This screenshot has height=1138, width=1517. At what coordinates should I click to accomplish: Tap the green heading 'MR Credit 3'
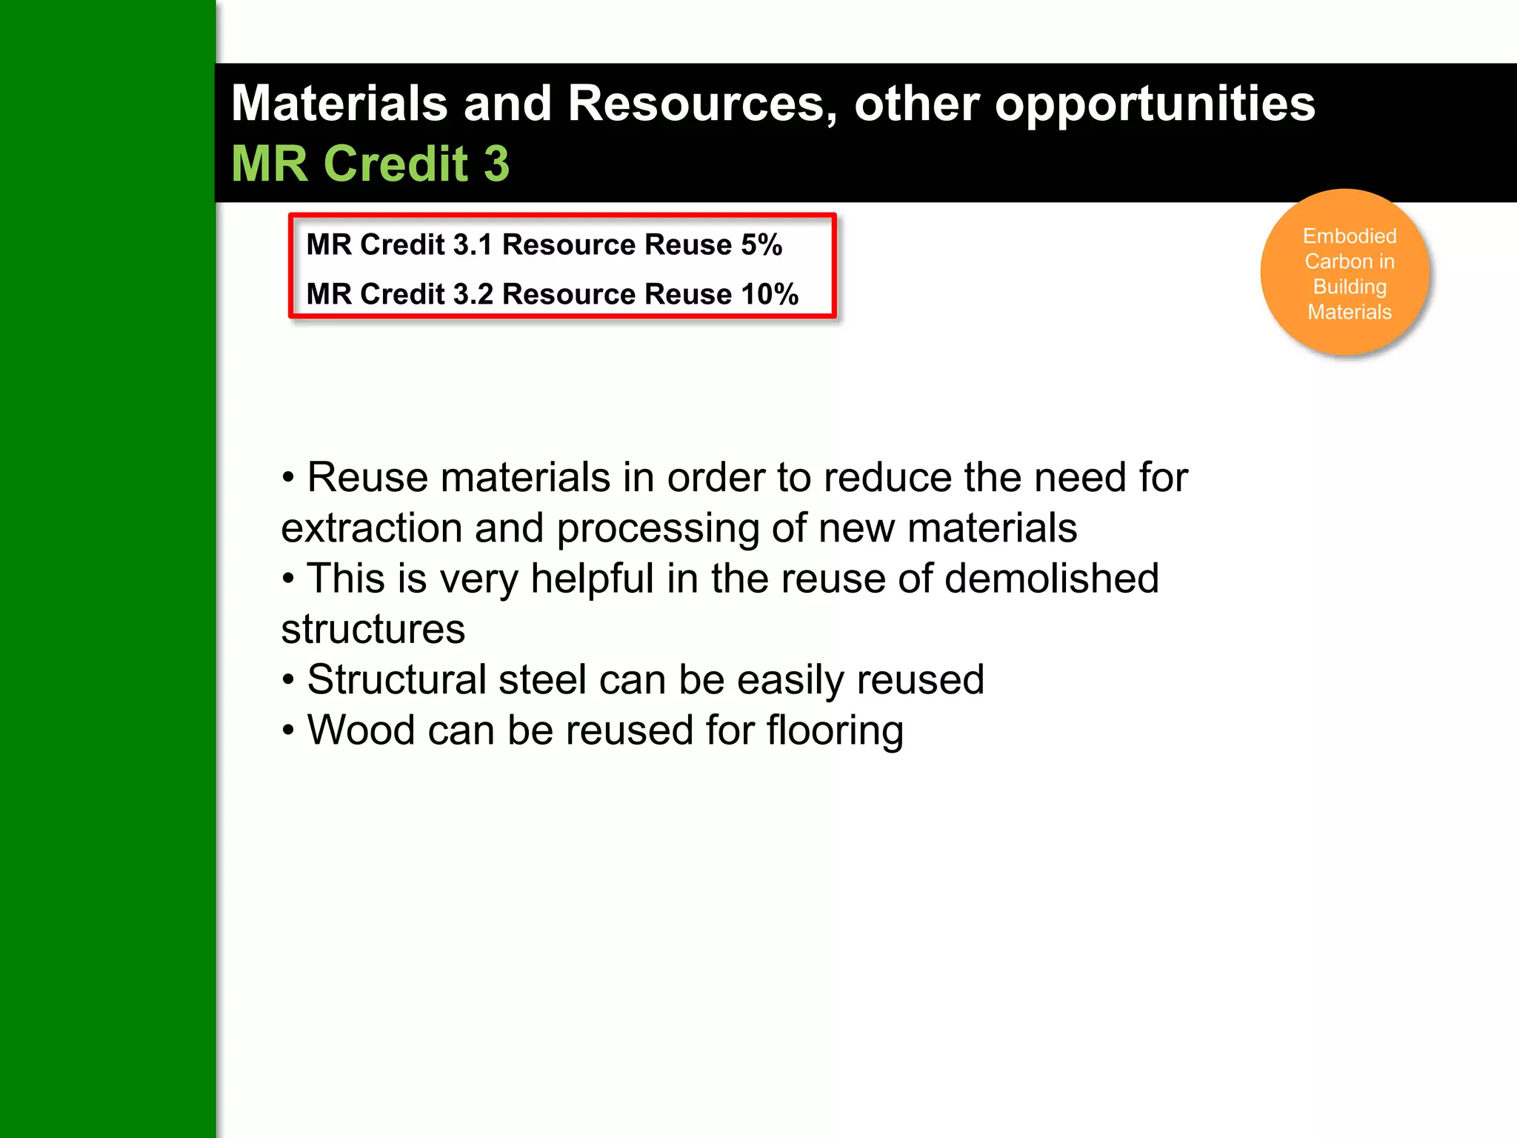(x=370, y=164)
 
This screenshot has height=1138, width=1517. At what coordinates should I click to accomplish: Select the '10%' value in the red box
(x=770, y=294)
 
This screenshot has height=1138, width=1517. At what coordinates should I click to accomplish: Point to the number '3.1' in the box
(x=472, y=244)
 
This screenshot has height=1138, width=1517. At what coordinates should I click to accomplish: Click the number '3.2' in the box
(x=473, y=294)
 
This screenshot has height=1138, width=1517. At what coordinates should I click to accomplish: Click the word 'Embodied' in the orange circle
(x=1349, y=236)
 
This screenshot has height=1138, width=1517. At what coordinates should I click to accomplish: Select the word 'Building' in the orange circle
(x=1349, y=287)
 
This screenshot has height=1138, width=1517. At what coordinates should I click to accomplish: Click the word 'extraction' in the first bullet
(x=372, y=528)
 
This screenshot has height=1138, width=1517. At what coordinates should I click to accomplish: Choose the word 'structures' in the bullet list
(x=373, y=630)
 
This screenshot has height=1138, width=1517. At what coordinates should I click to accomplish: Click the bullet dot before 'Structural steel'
(x=289, y=680)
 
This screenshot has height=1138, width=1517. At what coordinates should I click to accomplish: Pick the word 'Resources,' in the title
(x=702, y=104)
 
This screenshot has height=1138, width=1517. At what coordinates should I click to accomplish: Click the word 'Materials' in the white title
(x=339, y=104)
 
